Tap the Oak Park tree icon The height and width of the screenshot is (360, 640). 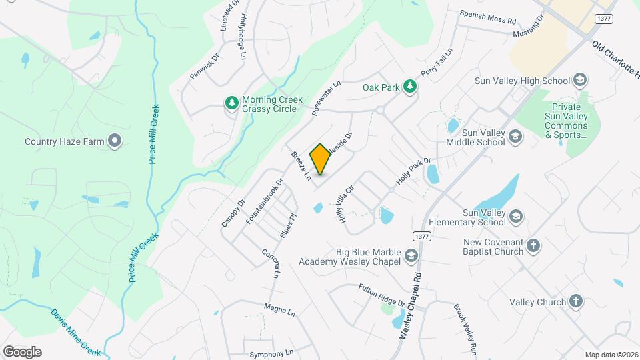(411, 87)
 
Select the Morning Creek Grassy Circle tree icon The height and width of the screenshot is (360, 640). (232, 103)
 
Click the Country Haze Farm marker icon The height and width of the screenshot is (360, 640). (115, 141)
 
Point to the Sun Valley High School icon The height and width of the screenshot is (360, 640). (579, 81)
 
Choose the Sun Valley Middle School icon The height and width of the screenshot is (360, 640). (515, 137)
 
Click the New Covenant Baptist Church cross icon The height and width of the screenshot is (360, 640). (533, 246)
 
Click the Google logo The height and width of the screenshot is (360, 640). (22, 351)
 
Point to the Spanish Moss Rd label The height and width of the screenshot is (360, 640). (488, 17)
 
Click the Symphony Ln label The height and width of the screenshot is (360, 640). (271, 353)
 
